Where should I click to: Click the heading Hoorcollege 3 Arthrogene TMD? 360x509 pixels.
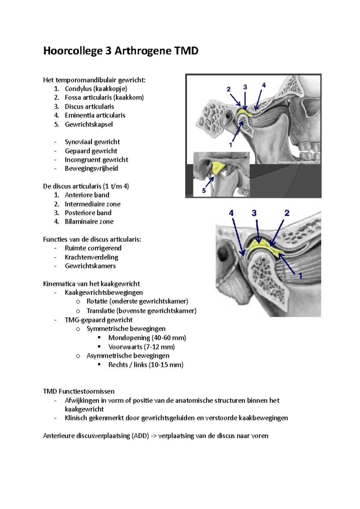[121, 51]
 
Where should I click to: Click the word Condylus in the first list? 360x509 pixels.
[78, 89]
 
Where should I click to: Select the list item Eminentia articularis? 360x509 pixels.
[95, 115]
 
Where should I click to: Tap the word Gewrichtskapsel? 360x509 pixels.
[89, 124]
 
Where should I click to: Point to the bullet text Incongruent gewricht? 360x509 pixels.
[96, 160]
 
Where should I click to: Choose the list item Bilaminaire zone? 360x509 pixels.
[89, 222]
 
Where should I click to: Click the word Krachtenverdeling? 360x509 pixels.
[91, 257]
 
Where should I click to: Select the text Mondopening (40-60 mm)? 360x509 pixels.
[147, 338]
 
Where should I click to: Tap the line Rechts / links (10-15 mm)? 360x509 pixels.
[146, 365]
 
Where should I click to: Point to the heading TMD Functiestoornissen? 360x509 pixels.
[79, 391]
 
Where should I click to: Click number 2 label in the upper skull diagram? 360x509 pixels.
[229, 89]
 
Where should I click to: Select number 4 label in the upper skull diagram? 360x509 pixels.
[264, 85]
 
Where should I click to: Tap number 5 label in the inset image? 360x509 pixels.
[204, 191]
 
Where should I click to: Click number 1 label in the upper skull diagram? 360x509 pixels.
[230, 145]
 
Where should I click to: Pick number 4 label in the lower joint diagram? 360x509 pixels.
[231, 213]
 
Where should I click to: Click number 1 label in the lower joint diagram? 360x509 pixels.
[300, 276]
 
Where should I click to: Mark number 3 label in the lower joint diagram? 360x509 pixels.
[254, 213]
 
